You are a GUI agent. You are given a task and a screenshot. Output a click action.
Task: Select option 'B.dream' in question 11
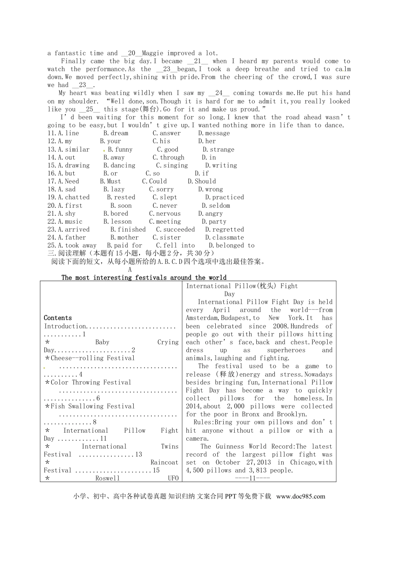[x=116, y=133]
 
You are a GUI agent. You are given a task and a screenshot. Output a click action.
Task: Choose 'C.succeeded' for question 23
[x=175, y=230]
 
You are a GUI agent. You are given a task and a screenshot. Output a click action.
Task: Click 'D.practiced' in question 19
[x=224, y=197]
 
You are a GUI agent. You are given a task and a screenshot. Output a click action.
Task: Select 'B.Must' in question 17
[x=110, y=181]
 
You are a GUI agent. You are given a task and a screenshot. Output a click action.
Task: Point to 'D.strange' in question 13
[x=218, y=150]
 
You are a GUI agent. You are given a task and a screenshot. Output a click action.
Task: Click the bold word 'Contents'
[x=58, y=318]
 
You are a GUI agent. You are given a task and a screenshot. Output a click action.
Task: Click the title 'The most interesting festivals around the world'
[x=144, y=278]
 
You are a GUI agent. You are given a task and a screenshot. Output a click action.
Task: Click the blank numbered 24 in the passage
[x=219, y=93]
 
